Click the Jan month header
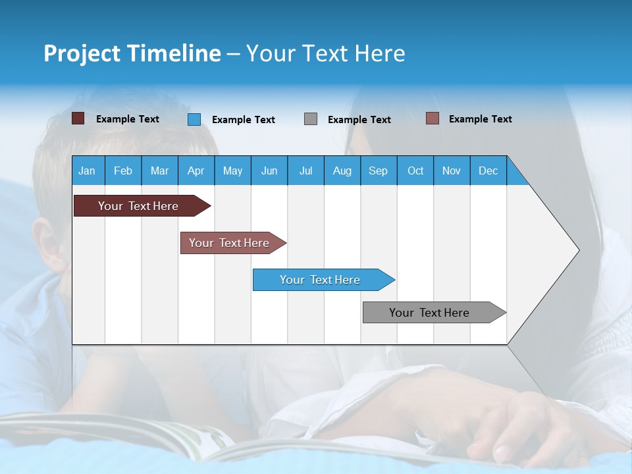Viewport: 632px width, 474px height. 87,171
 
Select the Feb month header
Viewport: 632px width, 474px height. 123,171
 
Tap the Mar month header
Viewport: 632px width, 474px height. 159,171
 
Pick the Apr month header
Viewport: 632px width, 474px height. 196,171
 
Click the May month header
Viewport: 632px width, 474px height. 232,171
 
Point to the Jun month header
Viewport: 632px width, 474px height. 269,171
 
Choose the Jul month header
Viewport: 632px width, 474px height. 305,171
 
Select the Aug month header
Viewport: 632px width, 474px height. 342,171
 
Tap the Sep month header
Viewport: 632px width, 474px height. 378,171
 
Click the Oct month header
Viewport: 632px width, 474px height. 415,171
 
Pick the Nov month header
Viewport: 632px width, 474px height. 452,171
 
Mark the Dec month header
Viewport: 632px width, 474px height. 488,171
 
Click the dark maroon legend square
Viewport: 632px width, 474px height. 78,118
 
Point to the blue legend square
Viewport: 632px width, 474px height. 194,119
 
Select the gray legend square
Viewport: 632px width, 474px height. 311,119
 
